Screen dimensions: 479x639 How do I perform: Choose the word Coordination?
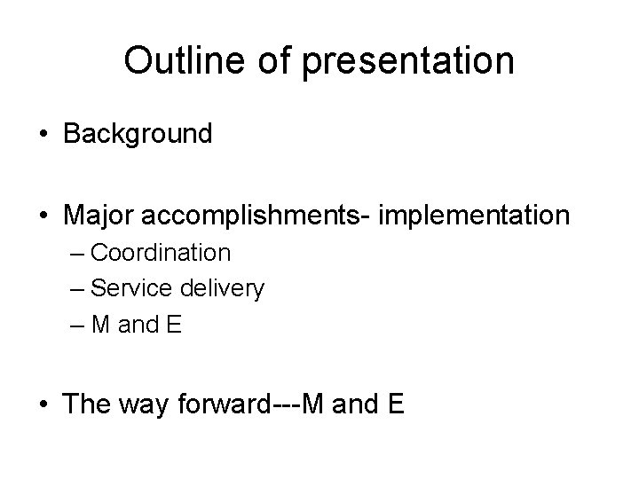[161, 253]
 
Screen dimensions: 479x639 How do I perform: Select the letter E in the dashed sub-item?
[174, 325]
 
